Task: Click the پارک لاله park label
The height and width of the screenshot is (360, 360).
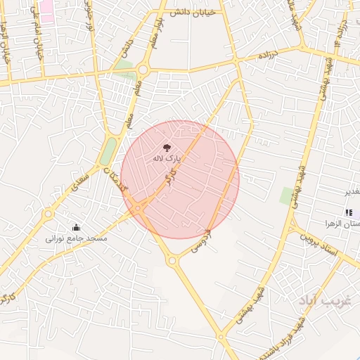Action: pyautogui.click(x=167, y=160)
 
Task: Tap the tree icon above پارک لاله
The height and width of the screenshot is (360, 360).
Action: pyautogui.click(x=167, y=148)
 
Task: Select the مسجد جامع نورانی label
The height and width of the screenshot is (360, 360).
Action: pyautogui.click(x=77, y=239)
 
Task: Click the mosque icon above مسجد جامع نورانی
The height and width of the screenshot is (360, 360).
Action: pyautogui.click(x=76, y=228)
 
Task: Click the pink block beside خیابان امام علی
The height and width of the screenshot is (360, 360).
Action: pyautogui.click(x=46, y=9)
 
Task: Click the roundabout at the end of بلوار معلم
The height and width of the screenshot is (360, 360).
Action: pyautogui.click(x=143, y=70)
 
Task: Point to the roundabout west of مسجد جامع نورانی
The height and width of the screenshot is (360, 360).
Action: pyautogui.click(x=48, y=213)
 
